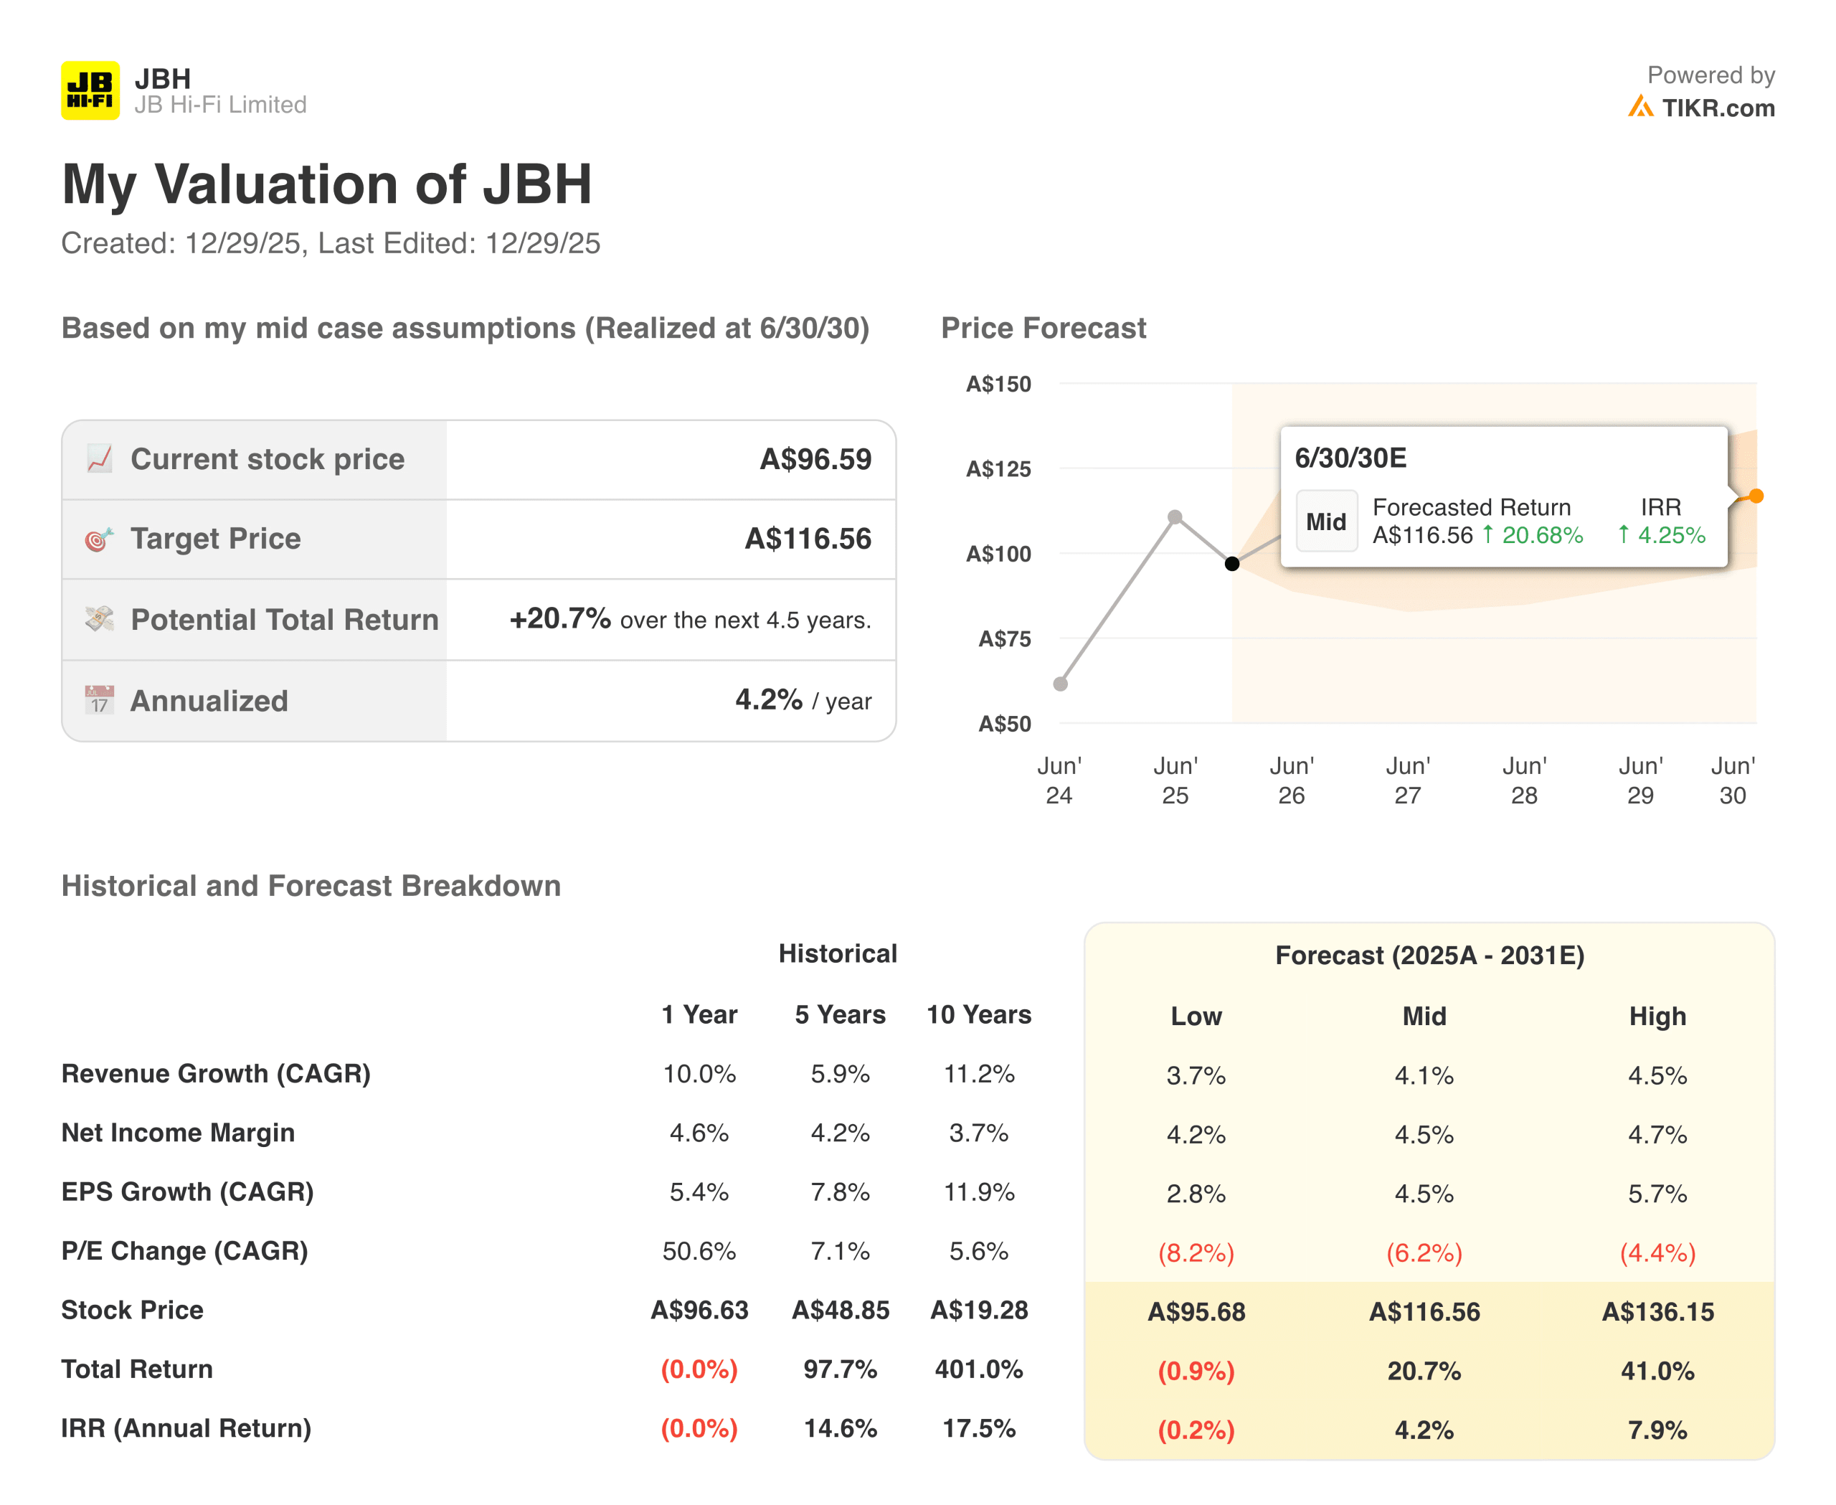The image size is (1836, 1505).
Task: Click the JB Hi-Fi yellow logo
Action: [x=90, y=90]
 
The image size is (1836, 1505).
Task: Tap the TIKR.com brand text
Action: [x=1717, y=108]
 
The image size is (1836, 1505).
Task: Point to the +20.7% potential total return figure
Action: [x=560, y=618]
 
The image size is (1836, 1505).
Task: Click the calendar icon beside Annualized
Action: [x=100, y=699]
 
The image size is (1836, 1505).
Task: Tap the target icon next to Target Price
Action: [x=99, y=539]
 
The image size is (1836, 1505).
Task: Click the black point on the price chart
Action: [x=1232, y=564]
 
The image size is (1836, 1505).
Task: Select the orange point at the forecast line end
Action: [x=1756, y=496]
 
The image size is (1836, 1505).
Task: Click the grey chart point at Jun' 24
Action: [x=1060, y=684]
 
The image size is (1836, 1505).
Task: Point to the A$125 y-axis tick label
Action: [x=998, y=469]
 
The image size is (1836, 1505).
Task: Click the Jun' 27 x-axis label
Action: [x=1408, y=780]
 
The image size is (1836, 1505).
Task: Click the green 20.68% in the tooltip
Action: [x=1542, y=535]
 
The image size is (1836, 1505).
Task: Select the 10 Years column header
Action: [x=979, y=1014]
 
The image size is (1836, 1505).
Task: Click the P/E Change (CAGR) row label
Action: [x=184, y=1251]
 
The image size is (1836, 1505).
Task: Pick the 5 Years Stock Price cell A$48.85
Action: [x=840, y=1310]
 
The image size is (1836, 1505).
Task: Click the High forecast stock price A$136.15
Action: [x=1657, y=1311]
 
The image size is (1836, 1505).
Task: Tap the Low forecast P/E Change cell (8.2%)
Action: [x=1196, y=1252]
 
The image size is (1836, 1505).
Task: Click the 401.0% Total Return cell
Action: [x=979, y=1369]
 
